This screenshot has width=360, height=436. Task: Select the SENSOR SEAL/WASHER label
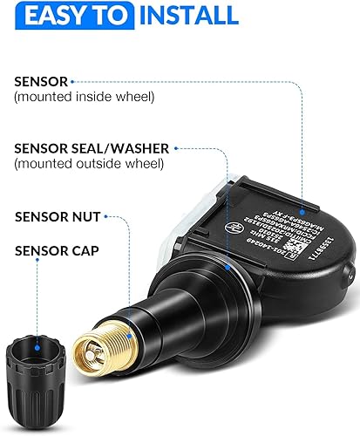tap(92, 149)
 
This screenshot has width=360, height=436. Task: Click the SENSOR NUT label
tap(57, 215)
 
